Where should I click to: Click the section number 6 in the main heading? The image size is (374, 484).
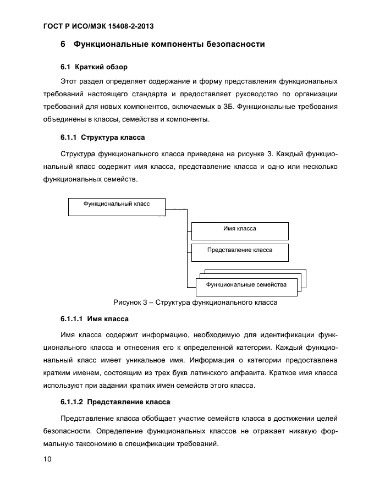pos(63,44)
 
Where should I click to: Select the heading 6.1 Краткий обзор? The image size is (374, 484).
pos(94,67)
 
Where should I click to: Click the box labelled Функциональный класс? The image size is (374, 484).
pos(116,206)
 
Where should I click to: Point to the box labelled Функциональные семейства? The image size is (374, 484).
pos(246,285)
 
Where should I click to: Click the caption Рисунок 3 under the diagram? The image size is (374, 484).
pos(195,302)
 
